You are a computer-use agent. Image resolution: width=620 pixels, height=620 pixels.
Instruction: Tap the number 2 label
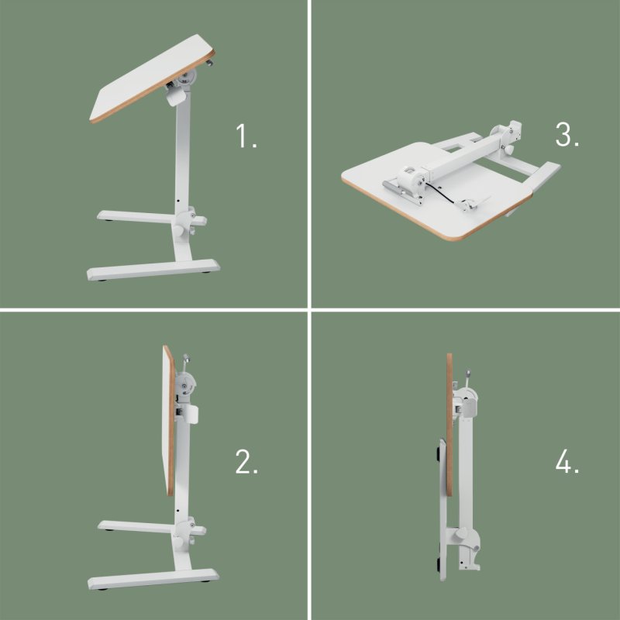[x=246, y=463]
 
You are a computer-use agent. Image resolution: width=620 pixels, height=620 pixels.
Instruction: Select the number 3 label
[x=567, y=135]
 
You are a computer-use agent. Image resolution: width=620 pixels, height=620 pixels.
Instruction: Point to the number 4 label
[x=567, y=463]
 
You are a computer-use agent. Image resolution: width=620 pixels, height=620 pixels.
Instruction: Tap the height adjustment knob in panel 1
[x=184, y=229]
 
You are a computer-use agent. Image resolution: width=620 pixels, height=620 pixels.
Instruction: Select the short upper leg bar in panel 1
[x=136, y=216]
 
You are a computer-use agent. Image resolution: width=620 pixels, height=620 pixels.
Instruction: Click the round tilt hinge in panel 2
[x=187, y=384]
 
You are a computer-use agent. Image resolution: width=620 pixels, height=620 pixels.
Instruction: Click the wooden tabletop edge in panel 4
[x=449, y=426]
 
